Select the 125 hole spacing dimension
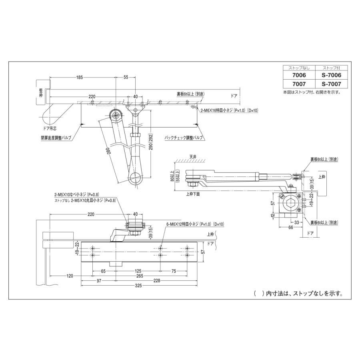[138, 271]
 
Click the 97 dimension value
[98, 281]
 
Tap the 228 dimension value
[156, 281]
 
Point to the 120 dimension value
[70, 276]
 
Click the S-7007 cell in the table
[331, 84]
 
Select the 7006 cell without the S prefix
[299, 75]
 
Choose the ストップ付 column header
[331, 67]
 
